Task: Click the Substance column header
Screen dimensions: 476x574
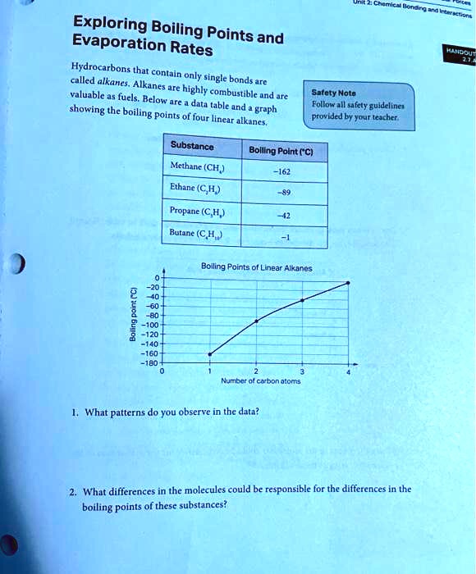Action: point(192,147)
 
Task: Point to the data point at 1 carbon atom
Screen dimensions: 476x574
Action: point(210,354)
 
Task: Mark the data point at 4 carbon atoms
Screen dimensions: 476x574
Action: point(350,283)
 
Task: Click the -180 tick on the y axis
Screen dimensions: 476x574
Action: point(150,362)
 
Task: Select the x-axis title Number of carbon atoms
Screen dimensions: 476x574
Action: point(255,380)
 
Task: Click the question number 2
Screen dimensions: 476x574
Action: point(73,490)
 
